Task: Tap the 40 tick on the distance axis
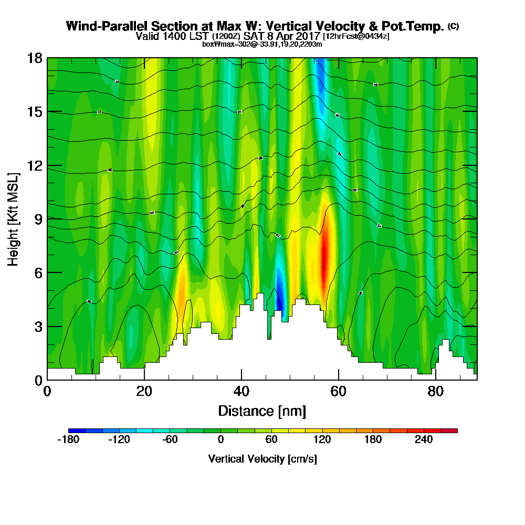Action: coord(241,391)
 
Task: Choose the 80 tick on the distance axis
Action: coord(435,391)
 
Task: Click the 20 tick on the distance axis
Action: coord(144,391)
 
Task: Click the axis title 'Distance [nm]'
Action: coord(262,411)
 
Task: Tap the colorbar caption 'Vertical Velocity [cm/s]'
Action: coord(262,459)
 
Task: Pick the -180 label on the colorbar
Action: coord(68,440)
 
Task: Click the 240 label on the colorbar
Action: coord(424,440)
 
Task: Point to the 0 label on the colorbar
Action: coord(220,440)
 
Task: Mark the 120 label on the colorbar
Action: coord(322,440)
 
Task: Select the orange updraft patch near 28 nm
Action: coord(182,297)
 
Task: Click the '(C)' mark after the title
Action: coord(453,26)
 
